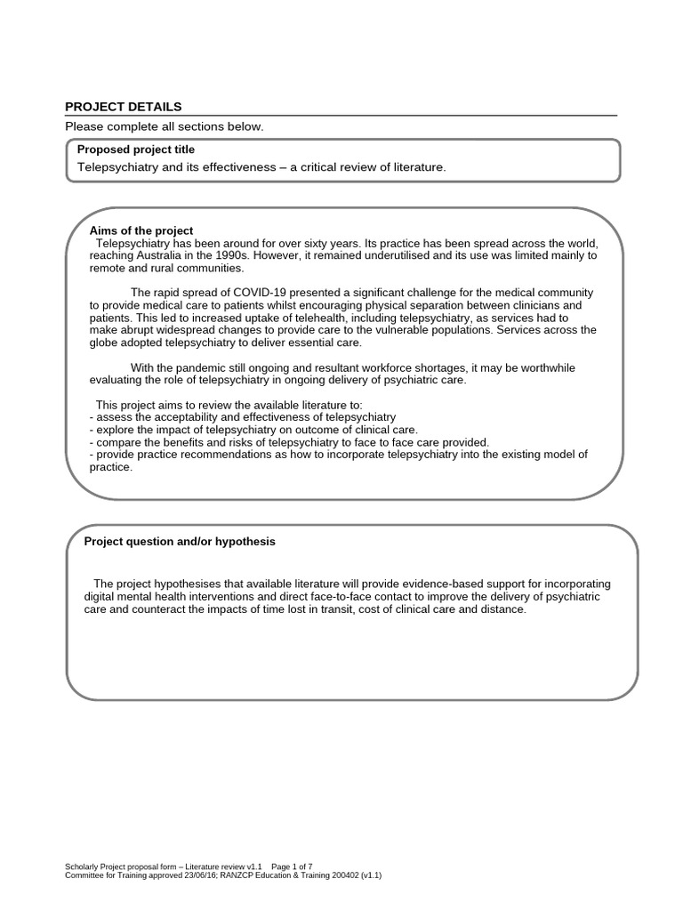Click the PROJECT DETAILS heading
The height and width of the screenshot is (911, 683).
pyautogui.click(x=123, y=107)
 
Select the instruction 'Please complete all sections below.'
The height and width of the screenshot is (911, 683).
pyautogui.click(x=165, y=127)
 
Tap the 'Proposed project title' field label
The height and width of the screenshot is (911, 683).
pyautogui.click(x=136, y=149)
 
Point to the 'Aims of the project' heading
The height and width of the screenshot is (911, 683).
pyautogui.click(x=135, y=230)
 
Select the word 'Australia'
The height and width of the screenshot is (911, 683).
pyautogui.click(x=131, y=255)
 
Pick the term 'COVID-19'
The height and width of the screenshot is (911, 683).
pyautogui.click(x=254, y=293)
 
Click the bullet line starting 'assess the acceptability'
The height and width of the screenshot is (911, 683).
pyautogui.click(x=244, y=417)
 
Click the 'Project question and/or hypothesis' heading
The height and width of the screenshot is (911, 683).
pyautogui.click(x=180, y=541)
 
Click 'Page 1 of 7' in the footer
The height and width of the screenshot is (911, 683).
pyautogui.click(x=291, y=867)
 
